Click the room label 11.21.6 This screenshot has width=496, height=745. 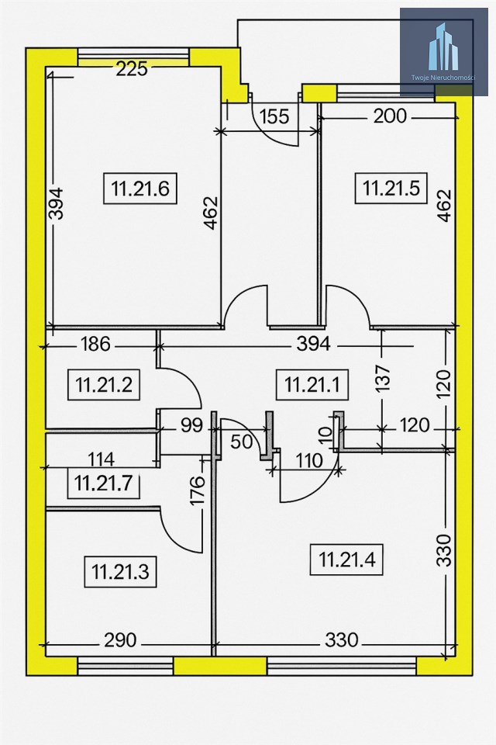click(140, 188)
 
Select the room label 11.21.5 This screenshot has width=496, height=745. click(391, 188)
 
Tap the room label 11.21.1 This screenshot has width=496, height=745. click(312, 384)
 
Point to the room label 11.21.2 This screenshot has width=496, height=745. click(104, 384)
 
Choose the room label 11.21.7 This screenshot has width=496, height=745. click(104, 483)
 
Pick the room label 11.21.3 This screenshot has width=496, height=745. click(120, 571)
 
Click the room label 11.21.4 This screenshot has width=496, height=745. click(346, 560)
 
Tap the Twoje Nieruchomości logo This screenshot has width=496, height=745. click(444, 52)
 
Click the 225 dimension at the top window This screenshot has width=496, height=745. click(132, 69)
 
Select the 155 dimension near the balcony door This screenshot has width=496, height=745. click(274, 116)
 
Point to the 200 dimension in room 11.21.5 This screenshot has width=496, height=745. click(390, 116)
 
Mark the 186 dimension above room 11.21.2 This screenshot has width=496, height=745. click(95, 344)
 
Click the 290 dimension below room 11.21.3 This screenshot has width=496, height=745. click(120, 640)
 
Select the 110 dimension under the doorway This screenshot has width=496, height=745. click(309, 460)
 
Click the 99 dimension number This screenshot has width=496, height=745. click(191, 426)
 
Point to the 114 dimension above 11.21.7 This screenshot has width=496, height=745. click(102, 459)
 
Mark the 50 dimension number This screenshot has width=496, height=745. click(242, 442)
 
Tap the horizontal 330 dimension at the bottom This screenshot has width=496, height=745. click(341, 640)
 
